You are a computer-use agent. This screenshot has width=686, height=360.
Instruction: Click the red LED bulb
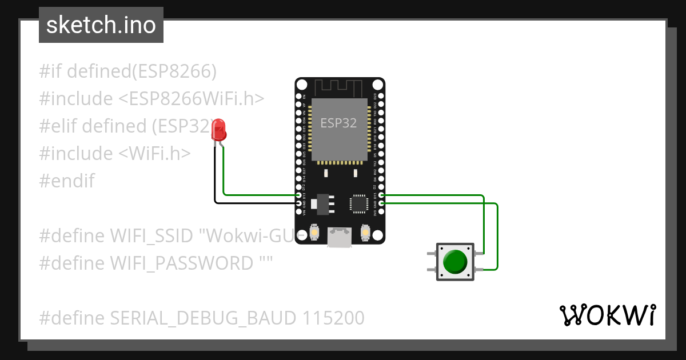219,131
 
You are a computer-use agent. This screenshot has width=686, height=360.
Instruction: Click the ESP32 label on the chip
338,123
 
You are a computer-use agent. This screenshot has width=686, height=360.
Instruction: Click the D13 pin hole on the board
298,195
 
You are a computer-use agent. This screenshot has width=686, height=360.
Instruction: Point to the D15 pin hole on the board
381,195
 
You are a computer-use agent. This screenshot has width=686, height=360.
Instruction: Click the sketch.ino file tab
101,25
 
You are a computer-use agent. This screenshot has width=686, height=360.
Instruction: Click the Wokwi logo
607,315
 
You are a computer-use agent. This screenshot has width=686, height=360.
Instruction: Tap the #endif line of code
67,181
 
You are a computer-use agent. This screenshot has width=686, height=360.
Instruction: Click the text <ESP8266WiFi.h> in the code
191,99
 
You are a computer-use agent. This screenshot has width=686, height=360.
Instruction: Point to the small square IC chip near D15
358,203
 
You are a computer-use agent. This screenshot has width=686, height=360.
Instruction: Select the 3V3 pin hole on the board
381,212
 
